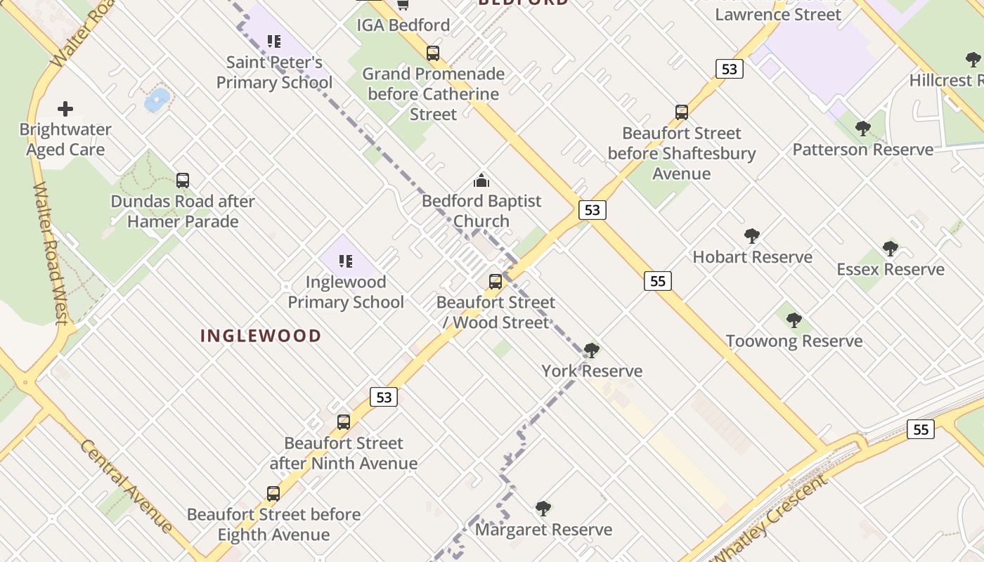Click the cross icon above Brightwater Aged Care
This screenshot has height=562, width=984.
coord(65,109)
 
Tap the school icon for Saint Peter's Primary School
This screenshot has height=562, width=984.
coord(274,41)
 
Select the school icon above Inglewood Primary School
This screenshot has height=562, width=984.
coord(346,261)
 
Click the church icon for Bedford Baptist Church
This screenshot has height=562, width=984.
coord(481,181)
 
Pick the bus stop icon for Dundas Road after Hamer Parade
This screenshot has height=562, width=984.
coord(183,181)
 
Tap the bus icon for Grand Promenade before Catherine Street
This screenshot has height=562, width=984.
coord(433,53)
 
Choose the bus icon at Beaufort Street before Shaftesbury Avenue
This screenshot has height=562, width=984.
coord(682,112)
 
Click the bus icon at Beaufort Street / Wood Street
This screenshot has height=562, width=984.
coord(496,282)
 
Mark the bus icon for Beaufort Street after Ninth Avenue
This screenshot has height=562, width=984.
coord(344,422)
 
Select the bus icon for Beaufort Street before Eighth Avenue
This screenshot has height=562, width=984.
coord(273,494)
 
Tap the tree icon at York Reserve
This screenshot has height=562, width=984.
coord(592,350)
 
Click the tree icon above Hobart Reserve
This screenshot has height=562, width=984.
coord(752,236)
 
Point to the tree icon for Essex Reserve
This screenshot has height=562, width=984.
coord(891,249)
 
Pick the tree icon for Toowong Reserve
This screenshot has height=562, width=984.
coord(794,320)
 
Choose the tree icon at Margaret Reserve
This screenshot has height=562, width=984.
coord(543,509)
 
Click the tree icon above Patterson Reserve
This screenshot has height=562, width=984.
coord(863,129)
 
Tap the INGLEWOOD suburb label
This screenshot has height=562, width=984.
coord(261,336)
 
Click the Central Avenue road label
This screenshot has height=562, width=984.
coord(126,485)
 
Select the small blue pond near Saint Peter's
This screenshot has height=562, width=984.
coord(157,100)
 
